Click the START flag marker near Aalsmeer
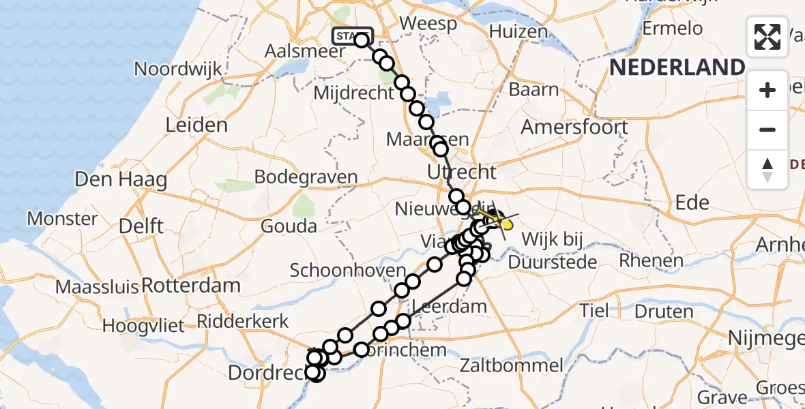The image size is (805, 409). click(x=352, y=35)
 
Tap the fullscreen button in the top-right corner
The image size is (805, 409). click(x=767, y=37)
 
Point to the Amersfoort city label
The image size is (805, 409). click(x=574, y=127)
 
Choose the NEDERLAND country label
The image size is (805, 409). click(x=677, y=67)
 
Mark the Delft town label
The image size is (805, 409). click(x=139, y=226)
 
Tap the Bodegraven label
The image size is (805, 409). click(x=306, y=177)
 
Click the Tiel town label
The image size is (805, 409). click(x=594, y=310)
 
